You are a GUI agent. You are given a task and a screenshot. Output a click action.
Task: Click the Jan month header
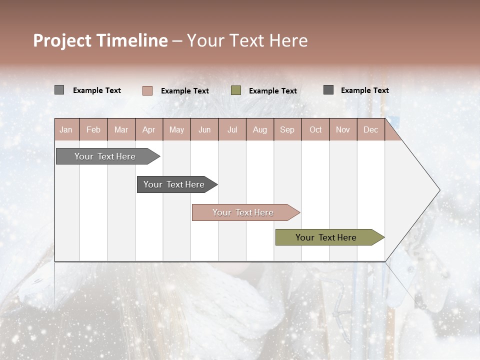[x=66, y=130]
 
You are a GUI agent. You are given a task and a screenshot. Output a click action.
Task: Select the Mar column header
[x=121, y=130]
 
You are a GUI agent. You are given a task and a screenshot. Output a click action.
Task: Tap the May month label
[x=176, y=130]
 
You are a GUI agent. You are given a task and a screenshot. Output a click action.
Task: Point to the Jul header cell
[x=232, y=130]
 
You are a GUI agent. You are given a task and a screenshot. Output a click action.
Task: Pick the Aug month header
[x=259, y=130]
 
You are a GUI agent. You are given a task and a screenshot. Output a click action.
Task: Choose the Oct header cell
[x=315, y=130]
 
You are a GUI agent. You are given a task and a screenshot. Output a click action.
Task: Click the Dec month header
[x=370, y=130]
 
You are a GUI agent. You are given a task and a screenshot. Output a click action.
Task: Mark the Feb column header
[x=93, y=130]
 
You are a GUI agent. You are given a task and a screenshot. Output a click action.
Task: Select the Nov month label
[x=343, y=130]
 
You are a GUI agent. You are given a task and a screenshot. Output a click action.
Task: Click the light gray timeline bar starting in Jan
[x=105, y=156]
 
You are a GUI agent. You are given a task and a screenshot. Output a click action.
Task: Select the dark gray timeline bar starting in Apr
[x=174, y=184]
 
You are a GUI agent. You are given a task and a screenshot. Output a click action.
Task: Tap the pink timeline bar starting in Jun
[x=243, y=212]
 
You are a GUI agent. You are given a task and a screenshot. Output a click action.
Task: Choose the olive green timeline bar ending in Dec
[x=326, y=237]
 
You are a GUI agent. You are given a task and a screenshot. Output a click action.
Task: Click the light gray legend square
[x=59, y=90]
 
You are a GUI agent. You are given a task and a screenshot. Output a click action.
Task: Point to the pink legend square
[x=147, y=90]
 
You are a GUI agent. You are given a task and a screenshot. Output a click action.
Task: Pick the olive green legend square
[x=236, y=90]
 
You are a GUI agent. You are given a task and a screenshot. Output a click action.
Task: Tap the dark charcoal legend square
[x=328, y=90]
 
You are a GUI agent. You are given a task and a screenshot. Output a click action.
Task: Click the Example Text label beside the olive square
[x=272, y=91]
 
